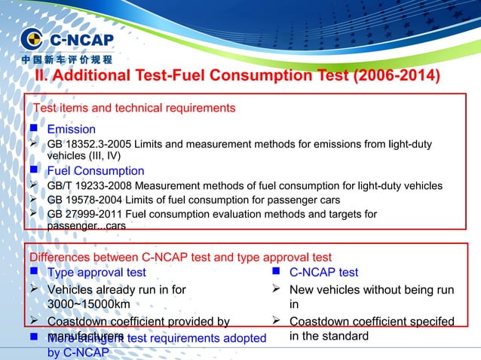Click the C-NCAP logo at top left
66,39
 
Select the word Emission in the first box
72,130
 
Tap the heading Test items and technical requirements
133,108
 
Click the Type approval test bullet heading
97,272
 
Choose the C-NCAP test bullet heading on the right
324,272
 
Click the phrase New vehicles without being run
372,289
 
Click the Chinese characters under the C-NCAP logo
66,59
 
